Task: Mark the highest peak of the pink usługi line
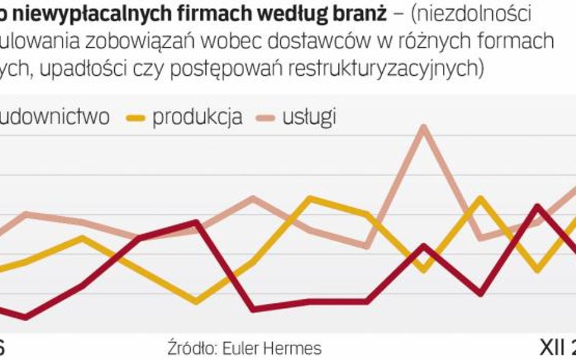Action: click(423, 128)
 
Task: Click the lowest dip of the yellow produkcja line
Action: click(196, 301)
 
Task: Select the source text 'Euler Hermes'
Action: click(272, 348)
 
